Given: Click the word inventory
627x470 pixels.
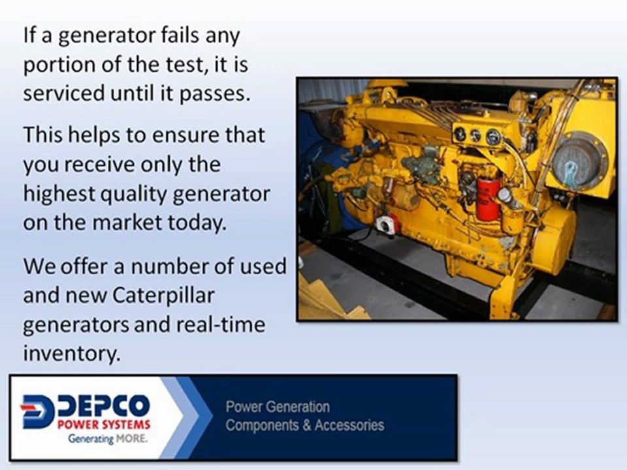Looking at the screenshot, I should click(72, 353).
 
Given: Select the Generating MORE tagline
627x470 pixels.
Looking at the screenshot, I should click(107, 439).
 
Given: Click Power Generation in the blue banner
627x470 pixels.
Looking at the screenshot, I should click(278, 407).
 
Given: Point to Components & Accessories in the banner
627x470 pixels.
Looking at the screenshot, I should click(305, 426).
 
